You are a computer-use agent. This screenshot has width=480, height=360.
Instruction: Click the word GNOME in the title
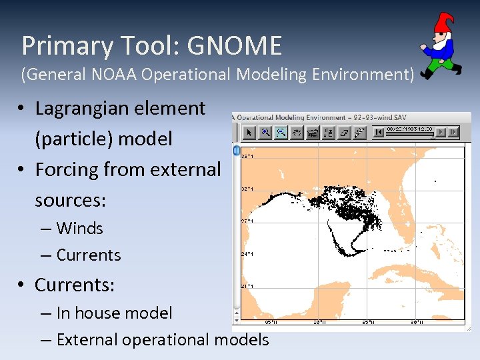234,46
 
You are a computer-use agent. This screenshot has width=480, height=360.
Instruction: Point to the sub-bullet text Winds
79,228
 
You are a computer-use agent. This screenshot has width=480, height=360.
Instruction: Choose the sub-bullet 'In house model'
114,313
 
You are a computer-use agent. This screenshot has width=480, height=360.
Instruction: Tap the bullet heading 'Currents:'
75,285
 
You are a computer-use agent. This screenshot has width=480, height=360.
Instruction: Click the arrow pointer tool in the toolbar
249,133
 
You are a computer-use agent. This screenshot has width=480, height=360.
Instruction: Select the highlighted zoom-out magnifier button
281,133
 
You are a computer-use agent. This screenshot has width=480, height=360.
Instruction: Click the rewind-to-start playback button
379,133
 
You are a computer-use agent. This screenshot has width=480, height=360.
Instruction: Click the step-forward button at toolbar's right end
454,133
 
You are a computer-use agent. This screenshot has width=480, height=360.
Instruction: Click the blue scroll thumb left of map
236,149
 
